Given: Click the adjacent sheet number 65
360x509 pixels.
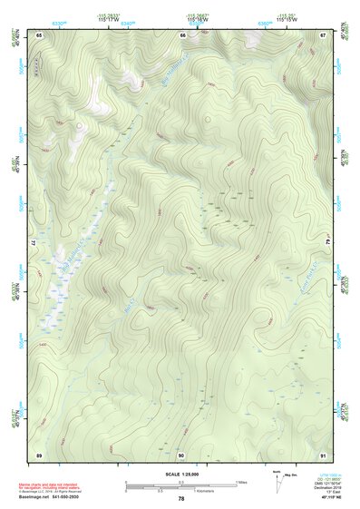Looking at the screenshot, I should [x=39, y=34].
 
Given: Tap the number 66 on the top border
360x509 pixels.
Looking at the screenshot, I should [x=182, y=34].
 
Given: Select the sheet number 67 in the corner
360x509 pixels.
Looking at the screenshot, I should [x=323, y=34].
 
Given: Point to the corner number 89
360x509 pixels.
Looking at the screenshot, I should [x=39, y=454].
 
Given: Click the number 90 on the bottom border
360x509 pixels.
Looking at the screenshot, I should [x=181, y=454].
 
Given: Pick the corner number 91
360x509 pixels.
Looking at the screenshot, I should [x=323, y=454].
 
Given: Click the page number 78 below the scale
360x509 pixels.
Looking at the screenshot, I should [x=181, y=498].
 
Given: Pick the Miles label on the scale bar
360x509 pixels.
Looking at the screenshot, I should [x=241, y=482].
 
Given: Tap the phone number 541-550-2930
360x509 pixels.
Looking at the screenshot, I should [x=65, y=497].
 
